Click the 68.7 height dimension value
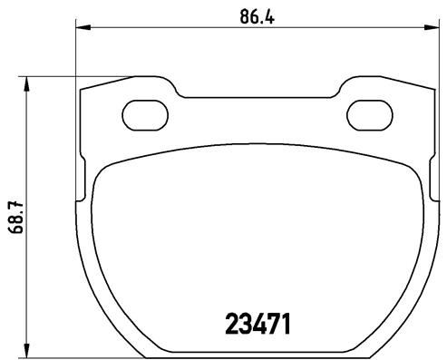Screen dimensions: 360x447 [14, 218]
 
